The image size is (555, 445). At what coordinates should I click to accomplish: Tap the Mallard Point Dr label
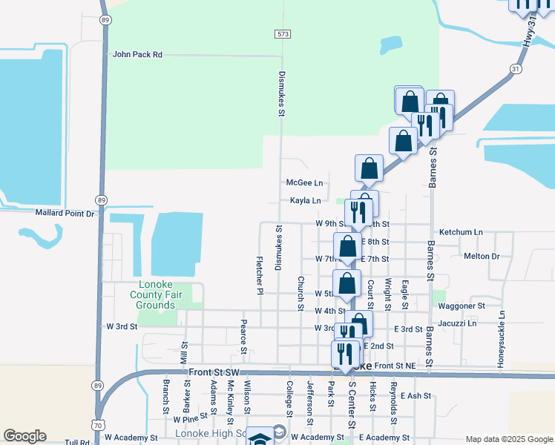(x=66, y=213)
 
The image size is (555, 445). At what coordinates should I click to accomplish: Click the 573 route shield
(x=282, y=34)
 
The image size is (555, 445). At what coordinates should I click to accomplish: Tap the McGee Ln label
(x=305, y=182)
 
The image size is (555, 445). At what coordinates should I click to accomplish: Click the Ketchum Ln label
(x=460, y=232)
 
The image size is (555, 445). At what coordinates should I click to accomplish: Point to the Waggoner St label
(x=462, y=305)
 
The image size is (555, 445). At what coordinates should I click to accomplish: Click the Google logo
(x=24, y=436)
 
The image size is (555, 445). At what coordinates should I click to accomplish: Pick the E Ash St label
(x=416, y=396)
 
